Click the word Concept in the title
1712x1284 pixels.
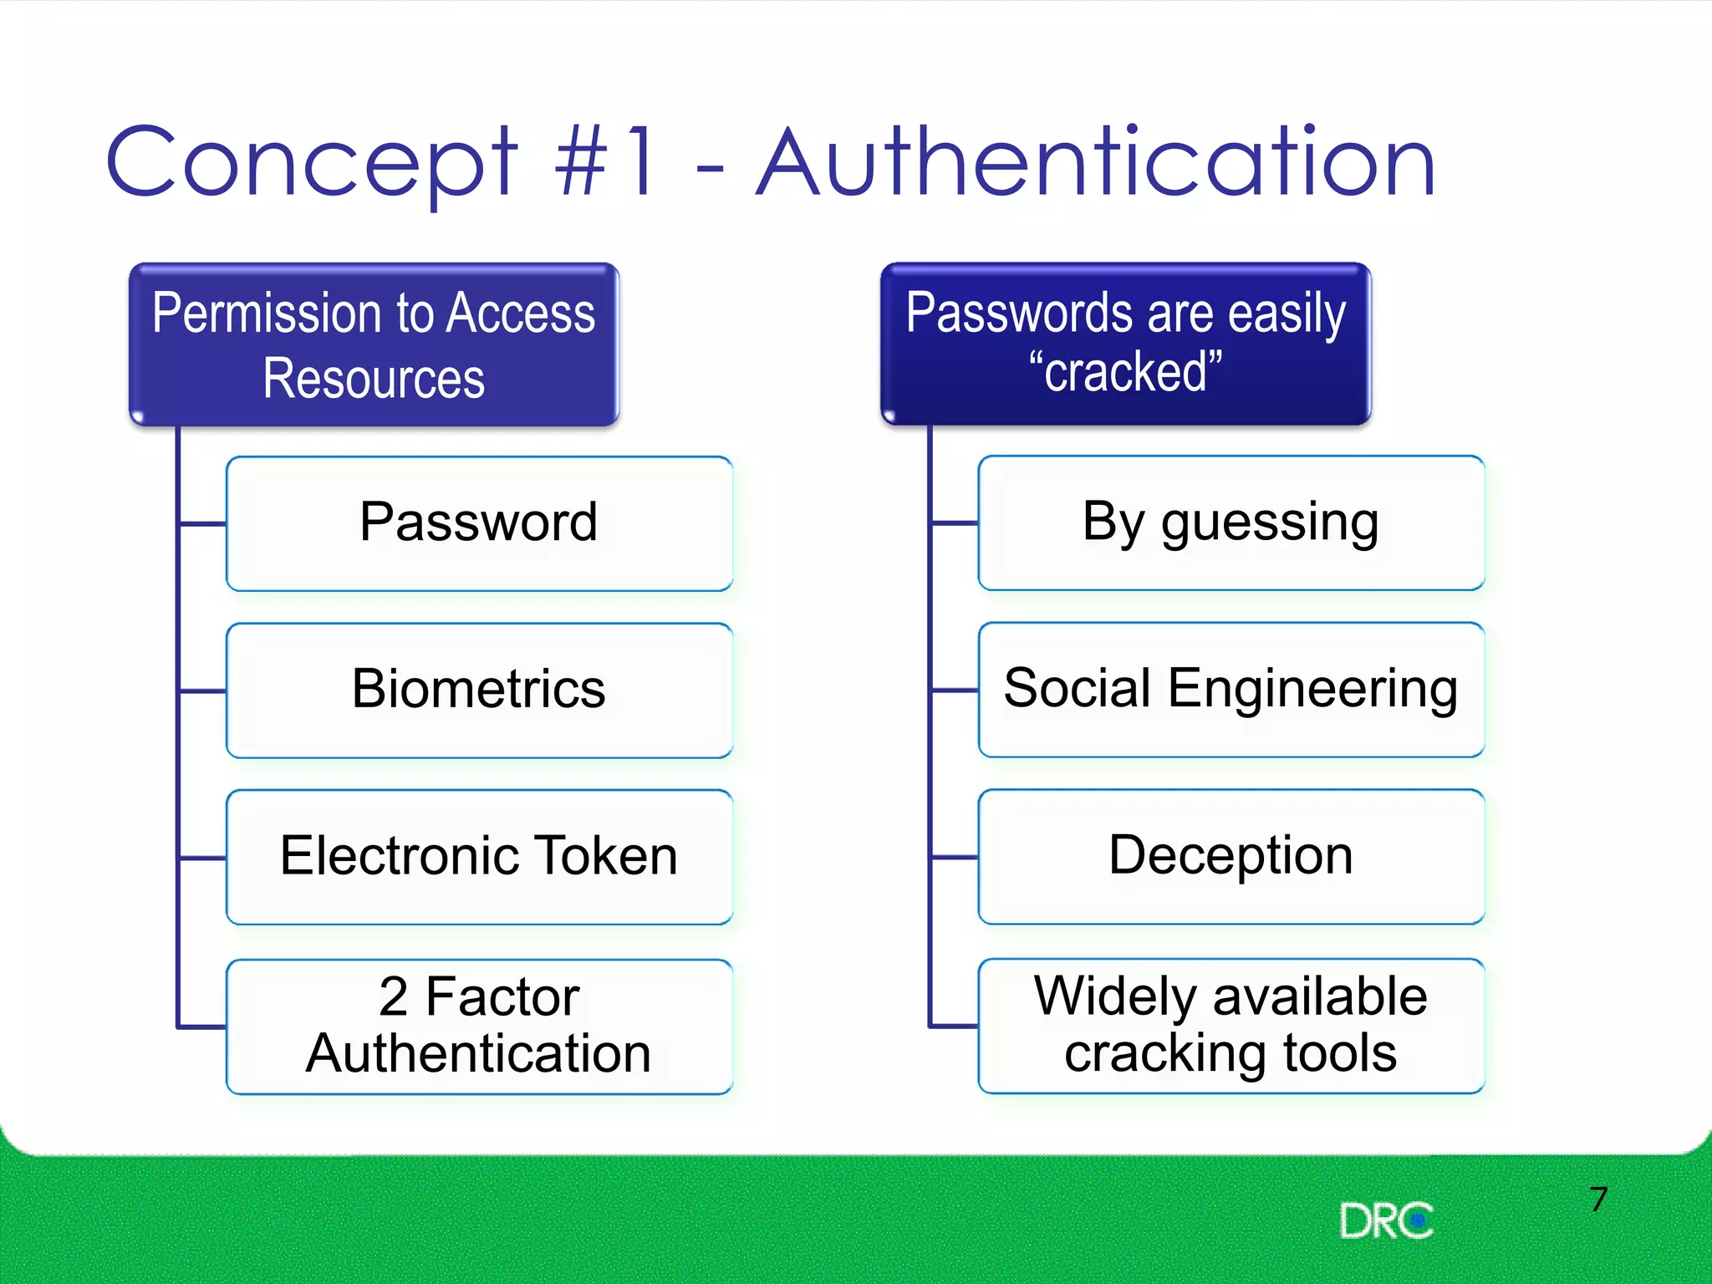[311, 163]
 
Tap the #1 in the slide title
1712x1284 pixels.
[605, 163]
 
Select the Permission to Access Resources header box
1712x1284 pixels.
[374, 344]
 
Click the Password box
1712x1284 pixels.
[479, 523]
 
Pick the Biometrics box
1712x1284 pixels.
[479, 690]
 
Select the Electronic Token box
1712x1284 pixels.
[479, 857]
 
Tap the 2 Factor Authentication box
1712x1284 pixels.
[479, 1026]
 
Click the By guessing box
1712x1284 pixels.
[1230, 522]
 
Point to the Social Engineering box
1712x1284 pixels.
[1230, 690]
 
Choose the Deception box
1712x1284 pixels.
[1230, 856]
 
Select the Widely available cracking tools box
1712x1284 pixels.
[1230, 1025]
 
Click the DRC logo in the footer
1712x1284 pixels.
[1385, 1221]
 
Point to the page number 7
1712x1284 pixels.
[1598, 1200]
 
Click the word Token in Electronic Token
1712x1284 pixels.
[606, 856]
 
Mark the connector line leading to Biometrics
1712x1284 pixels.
[202, 691]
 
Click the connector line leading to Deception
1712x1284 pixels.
[954, 857]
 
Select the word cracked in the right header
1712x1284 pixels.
[1125, 372]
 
